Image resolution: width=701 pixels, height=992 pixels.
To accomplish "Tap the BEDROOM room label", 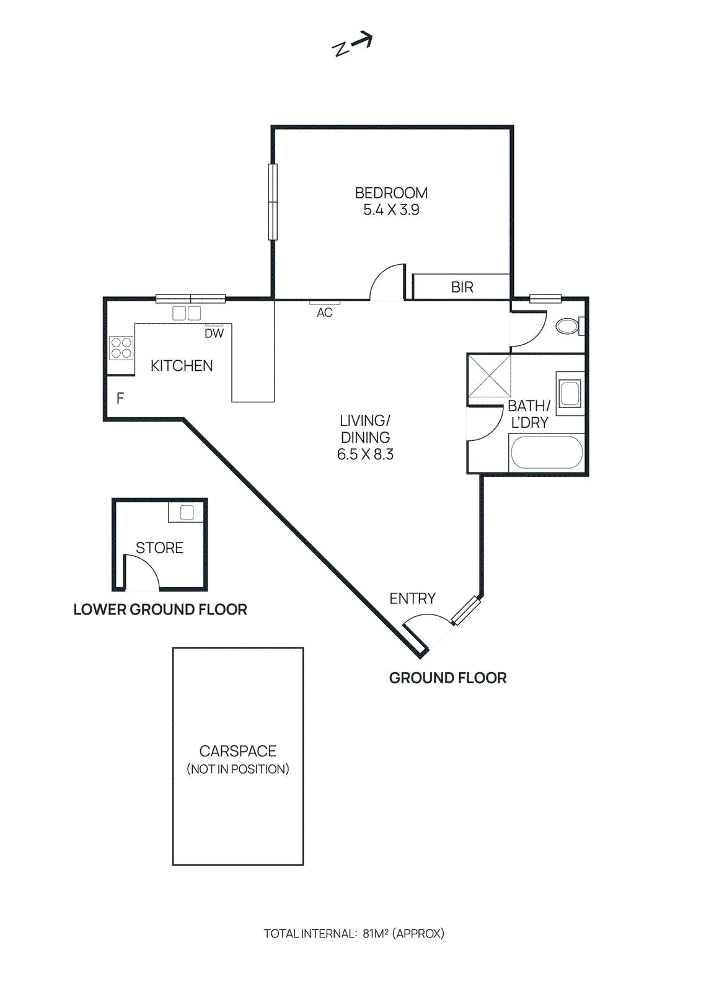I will pos(391,193).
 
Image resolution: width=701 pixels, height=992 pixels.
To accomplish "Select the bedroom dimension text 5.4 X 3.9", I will pos(391,210).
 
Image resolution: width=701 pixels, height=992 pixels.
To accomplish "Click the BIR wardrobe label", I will pos(462,287).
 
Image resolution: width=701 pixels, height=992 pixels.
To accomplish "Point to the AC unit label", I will pos(325,312).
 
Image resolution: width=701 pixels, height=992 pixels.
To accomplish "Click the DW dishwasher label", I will pos(214,334).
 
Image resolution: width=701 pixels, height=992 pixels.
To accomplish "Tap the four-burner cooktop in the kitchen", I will pos(121,348).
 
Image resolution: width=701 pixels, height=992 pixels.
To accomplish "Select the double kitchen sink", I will pos(187,313).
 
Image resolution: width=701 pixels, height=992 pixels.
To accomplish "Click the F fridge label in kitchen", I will pos(120,398).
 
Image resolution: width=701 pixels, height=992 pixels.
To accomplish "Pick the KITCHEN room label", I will pos(182,366).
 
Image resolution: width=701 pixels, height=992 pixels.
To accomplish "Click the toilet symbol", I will pos(568,326).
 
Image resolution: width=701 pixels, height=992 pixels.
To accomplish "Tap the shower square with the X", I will pos(488,376).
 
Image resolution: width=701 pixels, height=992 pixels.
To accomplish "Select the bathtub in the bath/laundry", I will pos(546,453).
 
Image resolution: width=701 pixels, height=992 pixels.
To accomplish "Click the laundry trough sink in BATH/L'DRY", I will pos(569,393).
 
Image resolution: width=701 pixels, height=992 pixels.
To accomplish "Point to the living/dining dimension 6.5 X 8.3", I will pos(365,454).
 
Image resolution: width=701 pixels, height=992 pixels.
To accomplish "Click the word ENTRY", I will pos(412,598).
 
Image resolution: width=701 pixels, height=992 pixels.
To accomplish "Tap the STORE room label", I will pos(159,548).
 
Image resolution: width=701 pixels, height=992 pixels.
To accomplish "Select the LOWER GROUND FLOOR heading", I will pos(160,609).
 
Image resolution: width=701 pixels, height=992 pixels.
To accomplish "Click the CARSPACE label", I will pos(237,751).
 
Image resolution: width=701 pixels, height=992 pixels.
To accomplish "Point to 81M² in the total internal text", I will pos(375,933).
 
